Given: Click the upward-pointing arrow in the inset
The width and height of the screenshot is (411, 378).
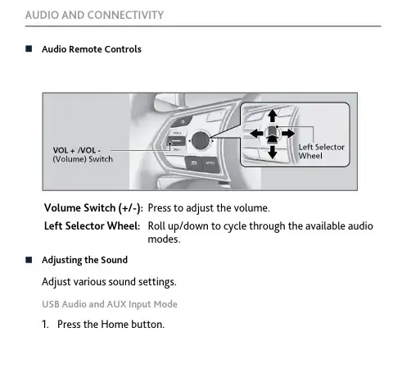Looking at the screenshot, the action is click(272, 116).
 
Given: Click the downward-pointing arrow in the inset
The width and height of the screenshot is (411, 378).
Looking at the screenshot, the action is click(272, 152).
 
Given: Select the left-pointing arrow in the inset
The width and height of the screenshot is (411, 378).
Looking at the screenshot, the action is click(256, 134).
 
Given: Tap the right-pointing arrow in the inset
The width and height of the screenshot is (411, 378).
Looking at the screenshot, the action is click(288, 134).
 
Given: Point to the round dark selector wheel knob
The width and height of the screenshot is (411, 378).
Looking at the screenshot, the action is click(201, 140).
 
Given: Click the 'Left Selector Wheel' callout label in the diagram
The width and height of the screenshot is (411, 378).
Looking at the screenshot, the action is click(321, 152).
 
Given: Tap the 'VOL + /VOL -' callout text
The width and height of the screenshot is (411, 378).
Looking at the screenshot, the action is click(77, 150).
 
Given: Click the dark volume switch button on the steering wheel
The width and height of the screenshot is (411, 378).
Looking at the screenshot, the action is click(176, 141).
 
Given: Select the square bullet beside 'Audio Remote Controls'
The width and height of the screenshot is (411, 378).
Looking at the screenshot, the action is click(29, 49).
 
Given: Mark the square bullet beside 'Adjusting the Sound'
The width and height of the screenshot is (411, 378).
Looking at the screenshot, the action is click(29, 260).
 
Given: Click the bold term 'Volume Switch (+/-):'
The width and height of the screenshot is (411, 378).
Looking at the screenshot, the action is click(93, 208).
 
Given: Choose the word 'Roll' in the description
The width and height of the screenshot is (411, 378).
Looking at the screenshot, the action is click(156, 226).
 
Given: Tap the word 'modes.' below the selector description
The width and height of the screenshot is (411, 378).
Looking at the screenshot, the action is click(164, 239).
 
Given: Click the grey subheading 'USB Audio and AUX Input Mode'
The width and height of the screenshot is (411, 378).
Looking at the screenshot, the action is click(110, 304).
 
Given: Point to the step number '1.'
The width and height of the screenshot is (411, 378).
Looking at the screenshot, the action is click(45, 325).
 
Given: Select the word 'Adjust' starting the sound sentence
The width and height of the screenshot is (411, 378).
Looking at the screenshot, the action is click(56, 282).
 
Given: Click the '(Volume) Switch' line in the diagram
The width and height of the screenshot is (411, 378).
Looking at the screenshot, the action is click(83, 159).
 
